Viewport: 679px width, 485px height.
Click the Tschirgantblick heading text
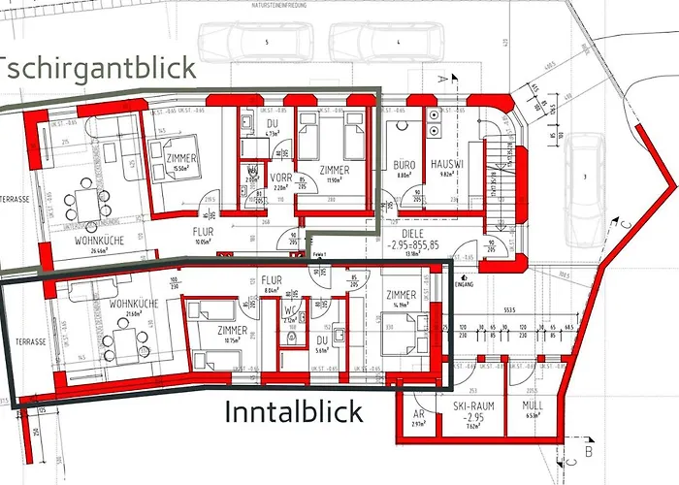coord(97,68)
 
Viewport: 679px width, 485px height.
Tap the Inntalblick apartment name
coord(294,412)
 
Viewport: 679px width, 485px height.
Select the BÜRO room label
coord(404,166)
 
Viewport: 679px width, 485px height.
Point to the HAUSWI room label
coord(449,166)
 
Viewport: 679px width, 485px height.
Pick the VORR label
coord(281,177)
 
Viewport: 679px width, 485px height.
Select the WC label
coord(290,311)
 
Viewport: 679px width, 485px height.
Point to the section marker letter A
coord(440,76)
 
